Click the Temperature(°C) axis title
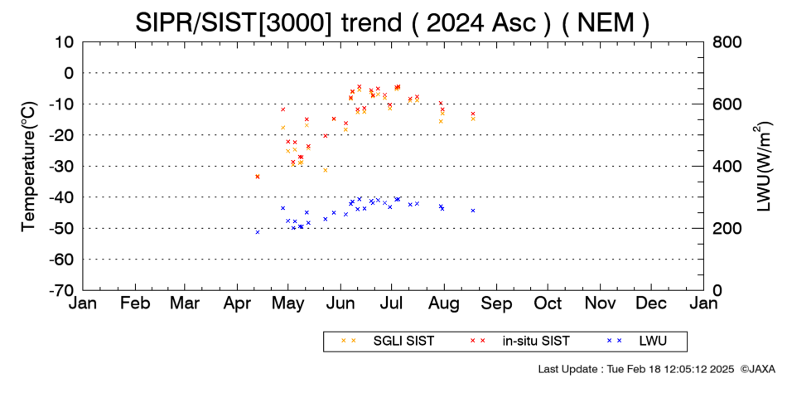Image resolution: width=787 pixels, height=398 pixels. tap(29, 167)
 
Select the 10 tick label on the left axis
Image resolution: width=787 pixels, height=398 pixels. tap(65, 42)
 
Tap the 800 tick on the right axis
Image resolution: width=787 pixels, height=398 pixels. tap(727, 42)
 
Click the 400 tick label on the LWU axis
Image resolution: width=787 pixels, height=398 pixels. tap(727, 167)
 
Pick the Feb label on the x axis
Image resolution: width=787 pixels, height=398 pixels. tap(135, 303)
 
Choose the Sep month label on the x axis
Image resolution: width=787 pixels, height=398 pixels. tap(496, 303)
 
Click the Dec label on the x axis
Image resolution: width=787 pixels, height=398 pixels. tap(651, 303)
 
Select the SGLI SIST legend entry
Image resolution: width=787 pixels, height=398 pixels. tap(387, 341)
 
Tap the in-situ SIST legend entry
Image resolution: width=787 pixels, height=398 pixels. tap(520, 341)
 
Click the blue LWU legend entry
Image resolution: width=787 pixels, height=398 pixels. tap(637, 341)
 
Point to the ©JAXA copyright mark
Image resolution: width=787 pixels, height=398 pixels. tap(757, 369)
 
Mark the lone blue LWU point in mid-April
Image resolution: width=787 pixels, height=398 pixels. tap(258, 232)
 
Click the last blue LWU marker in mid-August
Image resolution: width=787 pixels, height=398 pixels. tap(473, 211)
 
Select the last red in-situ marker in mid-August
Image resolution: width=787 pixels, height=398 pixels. tap(473, 114)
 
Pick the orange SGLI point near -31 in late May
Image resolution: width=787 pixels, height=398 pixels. tap(326, 170)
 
